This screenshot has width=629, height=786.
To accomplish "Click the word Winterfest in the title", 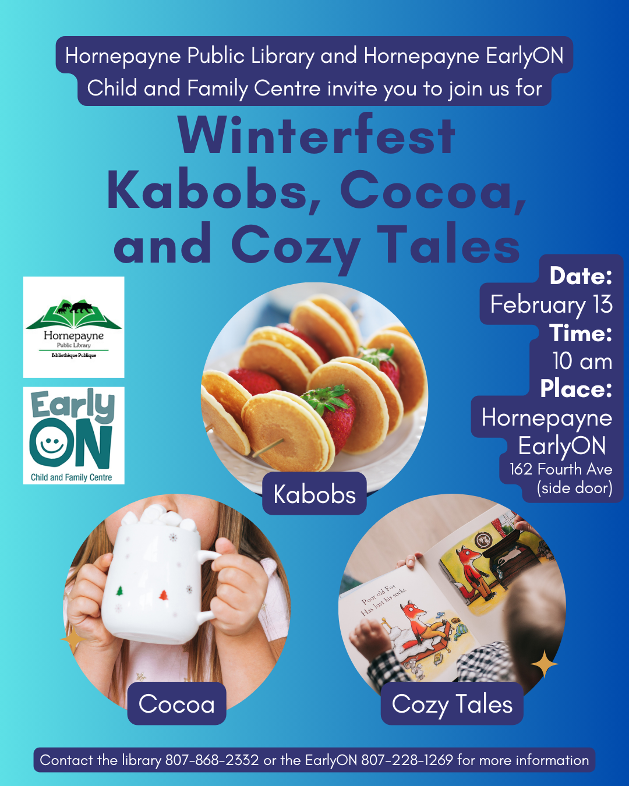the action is [x=316, y=135].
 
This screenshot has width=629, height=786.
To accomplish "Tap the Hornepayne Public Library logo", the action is [x=74, y=327].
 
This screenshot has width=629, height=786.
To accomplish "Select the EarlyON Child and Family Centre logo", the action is [x=74, y=436].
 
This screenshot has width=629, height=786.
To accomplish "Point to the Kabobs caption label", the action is [x=314, y=494].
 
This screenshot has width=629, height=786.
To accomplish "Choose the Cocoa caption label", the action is [x=176, y=704].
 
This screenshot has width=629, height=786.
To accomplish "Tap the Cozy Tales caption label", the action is [x=452, y=704].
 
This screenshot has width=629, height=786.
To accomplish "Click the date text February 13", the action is [x=551, y=305].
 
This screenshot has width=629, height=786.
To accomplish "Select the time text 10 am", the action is [x=582, y=361].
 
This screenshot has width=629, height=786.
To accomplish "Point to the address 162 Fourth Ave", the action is [x=561, y=469].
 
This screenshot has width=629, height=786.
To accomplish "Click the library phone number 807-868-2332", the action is [x=213, y=760].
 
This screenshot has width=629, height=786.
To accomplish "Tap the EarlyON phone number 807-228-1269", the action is [x=407, y=760].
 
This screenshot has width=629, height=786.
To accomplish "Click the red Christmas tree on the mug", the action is [x=164, y=596].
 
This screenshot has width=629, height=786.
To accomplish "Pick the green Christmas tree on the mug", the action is [x=119, y=591].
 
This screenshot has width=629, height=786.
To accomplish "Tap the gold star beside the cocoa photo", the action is [x=73, y=639].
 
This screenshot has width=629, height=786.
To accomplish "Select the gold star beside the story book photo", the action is [x=544, y=664].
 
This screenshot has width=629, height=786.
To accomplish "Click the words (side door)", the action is [x=574, y=488].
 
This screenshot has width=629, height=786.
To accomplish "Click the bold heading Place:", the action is [x=577, y=388].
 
